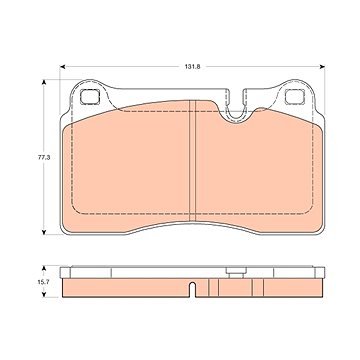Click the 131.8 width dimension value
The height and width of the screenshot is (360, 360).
pos(192,67)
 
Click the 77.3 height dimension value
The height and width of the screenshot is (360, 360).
pos(44,157)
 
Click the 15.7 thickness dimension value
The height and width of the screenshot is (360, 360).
pos(44,282)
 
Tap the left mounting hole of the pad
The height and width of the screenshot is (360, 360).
pos(90,97)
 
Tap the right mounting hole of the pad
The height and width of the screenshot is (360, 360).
pos(294,97)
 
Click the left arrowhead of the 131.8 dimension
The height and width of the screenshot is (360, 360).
pos(62,67)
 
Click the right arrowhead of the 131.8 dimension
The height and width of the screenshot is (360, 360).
pos(322,67)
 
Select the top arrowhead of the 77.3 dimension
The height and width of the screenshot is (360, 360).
pos(44,82)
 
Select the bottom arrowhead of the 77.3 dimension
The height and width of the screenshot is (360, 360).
pos(44,232)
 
